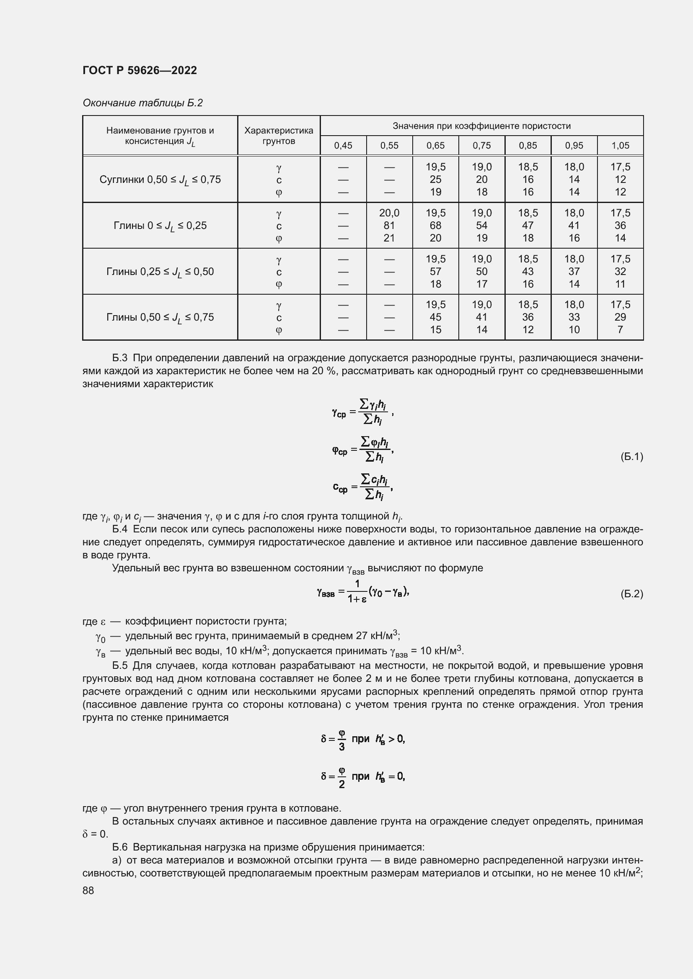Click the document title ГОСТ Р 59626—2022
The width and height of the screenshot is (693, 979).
tap(140, 70)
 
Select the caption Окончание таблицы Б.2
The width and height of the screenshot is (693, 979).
tap(142, 103)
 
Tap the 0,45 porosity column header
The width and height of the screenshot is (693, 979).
tap(343, 145)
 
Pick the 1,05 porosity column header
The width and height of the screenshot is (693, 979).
tap(620, 145)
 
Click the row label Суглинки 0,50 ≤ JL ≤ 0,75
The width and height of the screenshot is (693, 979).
tap(160, 180)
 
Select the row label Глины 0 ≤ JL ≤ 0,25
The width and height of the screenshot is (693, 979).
tap(160, 226)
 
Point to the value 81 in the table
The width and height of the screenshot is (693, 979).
tap(389, 225)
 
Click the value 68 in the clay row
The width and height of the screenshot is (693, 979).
tap(435, 225)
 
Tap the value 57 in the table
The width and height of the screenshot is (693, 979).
tap(435, 271)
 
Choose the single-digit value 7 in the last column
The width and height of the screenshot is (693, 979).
tap(620, 329)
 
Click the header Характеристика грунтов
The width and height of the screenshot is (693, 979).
tap(279, 136)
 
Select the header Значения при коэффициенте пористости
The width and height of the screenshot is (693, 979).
tap(481, 126)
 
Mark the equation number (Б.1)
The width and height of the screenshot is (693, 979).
tap(631, 457)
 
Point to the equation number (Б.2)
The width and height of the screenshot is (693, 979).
tap(631, 594)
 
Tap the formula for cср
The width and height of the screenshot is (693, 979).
tap(362, 486)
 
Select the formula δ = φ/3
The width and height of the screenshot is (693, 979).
tap(363, 739)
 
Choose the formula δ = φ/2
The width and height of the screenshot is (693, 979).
tap(363, 776)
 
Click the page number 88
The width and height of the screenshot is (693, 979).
tap(88, 890)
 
